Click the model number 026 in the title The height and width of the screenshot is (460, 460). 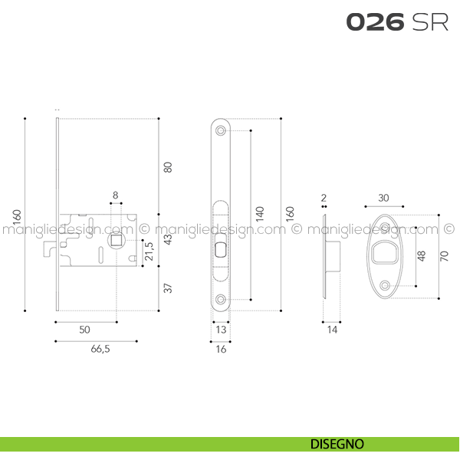coord(375,22)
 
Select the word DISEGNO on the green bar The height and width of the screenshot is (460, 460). coord(337,444)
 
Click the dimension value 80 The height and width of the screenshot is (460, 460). coord(169,165)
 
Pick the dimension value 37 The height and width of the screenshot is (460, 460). coord(169,288)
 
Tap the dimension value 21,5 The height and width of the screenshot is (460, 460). coord(149,251)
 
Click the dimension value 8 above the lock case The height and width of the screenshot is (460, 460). coord(116,195)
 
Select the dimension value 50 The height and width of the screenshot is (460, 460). coord(85,329)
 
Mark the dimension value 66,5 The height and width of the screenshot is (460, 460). coord(97,348)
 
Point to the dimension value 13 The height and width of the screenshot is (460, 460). coord(221,330)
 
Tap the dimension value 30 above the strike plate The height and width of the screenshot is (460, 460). coord(383,198)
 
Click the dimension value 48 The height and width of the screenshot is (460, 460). coord(421,256)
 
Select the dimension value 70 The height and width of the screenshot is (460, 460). coord(444,256)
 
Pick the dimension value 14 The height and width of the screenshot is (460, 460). coord(332,330)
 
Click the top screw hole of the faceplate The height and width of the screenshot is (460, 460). coord(221,131)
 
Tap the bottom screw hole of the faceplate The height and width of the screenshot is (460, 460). coord(221,299)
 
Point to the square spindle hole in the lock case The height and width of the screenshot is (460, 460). coord(116,242)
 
